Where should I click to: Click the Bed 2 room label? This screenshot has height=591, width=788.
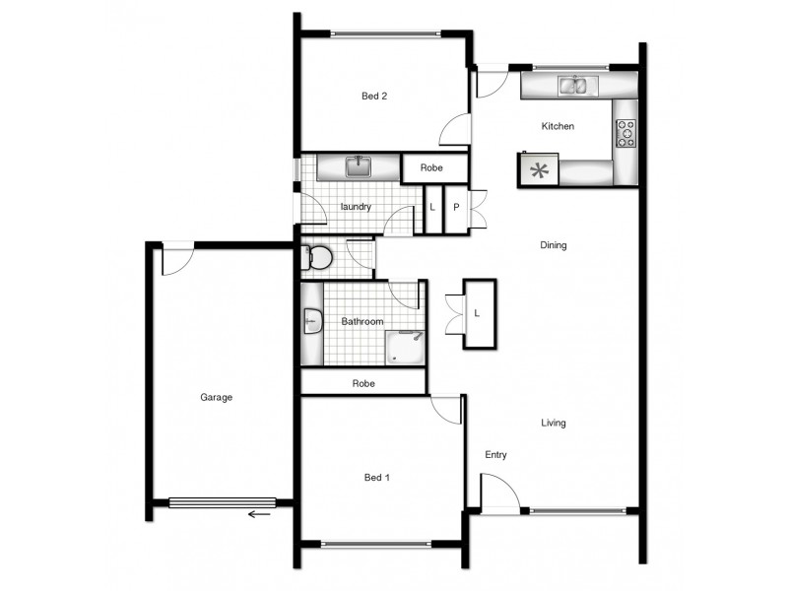coord(374,97)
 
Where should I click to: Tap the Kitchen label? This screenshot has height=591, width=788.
coord(558,127)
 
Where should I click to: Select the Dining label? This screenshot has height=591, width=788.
coord(554,245)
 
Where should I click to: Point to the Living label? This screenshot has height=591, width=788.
coord(554,424)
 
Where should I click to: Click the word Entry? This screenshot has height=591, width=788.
coord(495,455)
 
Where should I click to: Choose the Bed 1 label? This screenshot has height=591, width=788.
coord(377,478)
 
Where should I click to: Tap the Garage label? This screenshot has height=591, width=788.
coord(217,398)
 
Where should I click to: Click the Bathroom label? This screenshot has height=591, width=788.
coord(361,322)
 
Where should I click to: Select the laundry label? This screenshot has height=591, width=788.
coord(355,207)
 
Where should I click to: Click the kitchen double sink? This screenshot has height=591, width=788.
coord(575,87)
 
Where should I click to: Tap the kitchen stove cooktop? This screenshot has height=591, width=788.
coord(625,132)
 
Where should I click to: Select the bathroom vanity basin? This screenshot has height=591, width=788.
coord(312,322)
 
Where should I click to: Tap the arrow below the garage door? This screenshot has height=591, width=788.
coord(260,513)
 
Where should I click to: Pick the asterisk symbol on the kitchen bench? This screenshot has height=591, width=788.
coord(539,170)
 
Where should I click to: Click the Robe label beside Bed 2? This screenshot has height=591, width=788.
coord(431,168)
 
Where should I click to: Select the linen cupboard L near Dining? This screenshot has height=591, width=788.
coord(478,313)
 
